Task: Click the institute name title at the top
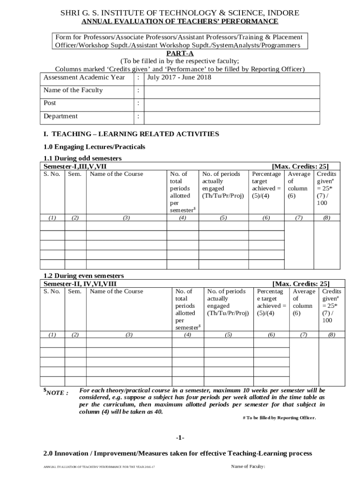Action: tap(180, 13)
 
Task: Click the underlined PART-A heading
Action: tap(180, 54)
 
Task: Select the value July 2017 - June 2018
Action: tap(179, 78)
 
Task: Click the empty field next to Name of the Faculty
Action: tap(231, 91)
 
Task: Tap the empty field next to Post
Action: tap(231, 103)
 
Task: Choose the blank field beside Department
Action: tap(231, 116)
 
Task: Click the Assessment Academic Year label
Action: tap(84, 78)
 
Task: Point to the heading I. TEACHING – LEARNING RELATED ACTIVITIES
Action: tap(131, 134)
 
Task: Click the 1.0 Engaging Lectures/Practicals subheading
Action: tap(94, 147)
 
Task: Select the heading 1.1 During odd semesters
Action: tap(82, 159)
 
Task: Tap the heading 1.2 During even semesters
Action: tap(84, 276)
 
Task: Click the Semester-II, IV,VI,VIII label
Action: tap(80, 283)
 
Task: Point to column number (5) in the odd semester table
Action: tap(223, 218)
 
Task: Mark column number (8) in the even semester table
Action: tap(331, 334)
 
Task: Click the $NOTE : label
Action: tap(56, 392)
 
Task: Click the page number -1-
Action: tap(180, 438)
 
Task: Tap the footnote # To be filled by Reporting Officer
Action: tap(279, 418)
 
